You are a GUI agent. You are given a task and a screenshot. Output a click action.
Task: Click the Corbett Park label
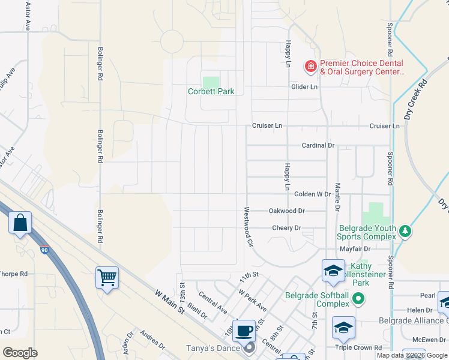211,92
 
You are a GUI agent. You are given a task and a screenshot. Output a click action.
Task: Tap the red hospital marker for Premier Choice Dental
310,66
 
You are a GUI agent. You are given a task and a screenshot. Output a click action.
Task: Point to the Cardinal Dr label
318,145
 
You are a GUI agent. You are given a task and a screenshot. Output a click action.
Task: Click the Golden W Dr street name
312,194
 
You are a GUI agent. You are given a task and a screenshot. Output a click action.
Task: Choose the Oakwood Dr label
287,211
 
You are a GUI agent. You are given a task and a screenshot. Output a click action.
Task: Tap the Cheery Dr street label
286,228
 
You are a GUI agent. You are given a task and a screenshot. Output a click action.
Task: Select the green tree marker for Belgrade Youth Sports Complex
405,232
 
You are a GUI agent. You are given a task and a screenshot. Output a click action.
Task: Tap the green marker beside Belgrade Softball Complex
358,298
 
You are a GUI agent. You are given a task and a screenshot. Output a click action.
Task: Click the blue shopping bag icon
20,223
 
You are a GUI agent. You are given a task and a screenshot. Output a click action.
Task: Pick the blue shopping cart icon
107,277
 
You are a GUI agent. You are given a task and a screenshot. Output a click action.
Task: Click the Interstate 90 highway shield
46,249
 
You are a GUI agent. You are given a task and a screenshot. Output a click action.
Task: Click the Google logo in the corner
20,352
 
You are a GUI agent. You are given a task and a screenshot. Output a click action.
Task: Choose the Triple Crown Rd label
358,347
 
